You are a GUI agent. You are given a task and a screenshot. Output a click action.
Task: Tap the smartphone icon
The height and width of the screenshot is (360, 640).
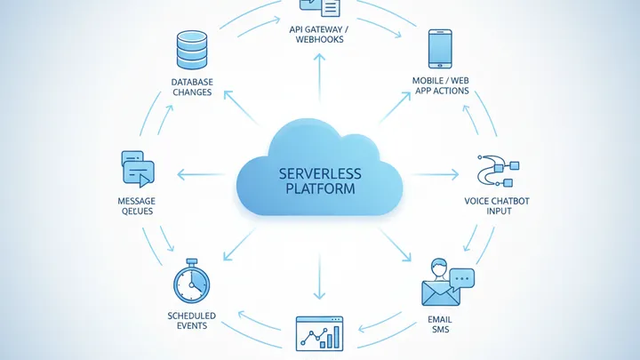pyautogui.click(x=442, y=51)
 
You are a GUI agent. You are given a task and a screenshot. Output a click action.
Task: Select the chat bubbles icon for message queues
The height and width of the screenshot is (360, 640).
pyautogui.click(x=137, y=167)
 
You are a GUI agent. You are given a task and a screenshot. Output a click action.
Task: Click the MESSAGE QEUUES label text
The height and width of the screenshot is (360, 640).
pyautogui.click(x=135, y=206)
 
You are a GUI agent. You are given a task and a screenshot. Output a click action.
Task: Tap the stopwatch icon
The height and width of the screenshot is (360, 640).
pyautogui.click(x=192, y=284)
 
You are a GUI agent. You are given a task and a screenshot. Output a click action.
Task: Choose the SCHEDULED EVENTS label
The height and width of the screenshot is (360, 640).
pyautogui.click(x=192, y=321)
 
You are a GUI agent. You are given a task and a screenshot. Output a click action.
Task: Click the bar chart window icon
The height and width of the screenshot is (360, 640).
pyautogui.click(x=320, y=333)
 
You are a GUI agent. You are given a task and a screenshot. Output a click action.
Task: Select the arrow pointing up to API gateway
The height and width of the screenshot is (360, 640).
pyautogui.click(x=319, y=76)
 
